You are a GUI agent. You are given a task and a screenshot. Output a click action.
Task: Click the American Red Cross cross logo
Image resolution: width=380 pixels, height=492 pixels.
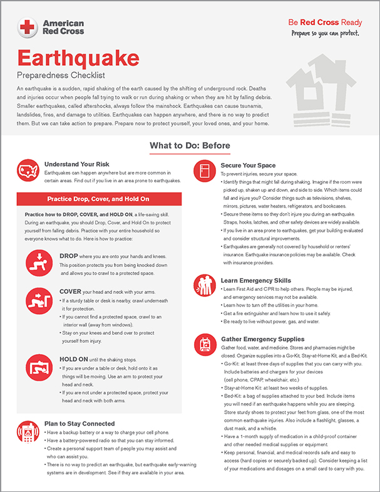(27, 26)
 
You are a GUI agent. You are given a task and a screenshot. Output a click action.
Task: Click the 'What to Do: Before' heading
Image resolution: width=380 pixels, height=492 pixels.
(190, 147)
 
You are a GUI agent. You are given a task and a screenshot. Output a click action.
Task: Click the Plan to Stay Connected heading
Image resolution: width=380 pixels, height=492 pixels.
(80, 424)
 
